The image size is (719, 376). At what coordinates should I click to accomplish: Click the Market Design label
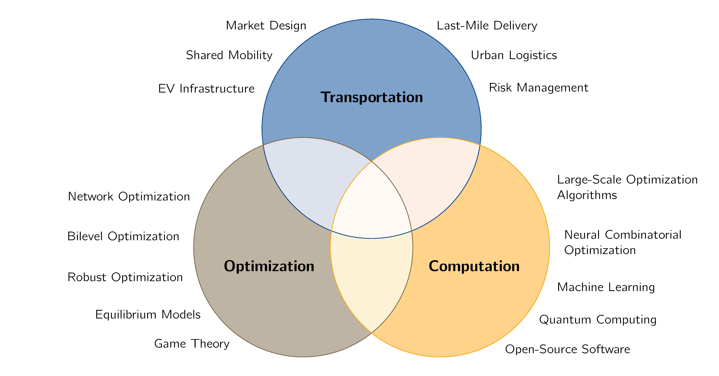266,26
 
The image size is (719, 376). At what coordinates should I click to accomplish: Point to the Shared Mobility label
229,55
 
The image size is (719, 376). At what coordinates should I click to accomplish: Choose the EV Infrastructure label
206,89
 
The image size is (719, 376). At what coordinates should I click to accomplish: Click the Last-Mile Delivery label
487,26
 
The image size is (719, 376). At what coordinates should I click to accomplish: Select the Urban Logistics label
514,55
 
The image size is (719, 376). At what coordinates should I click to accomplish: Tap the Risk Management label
538,88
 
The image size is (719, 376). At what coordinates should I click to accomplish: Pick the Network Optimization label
129,197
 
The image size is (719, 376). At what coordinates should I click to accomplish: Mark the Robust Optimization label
125,277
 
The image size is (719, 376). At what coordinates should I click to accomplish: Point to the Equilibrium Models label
148,315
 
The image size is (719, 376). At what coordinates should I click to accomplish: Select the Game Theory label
192,344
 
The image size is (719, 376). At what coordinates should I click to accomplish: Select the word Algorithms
587,195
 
